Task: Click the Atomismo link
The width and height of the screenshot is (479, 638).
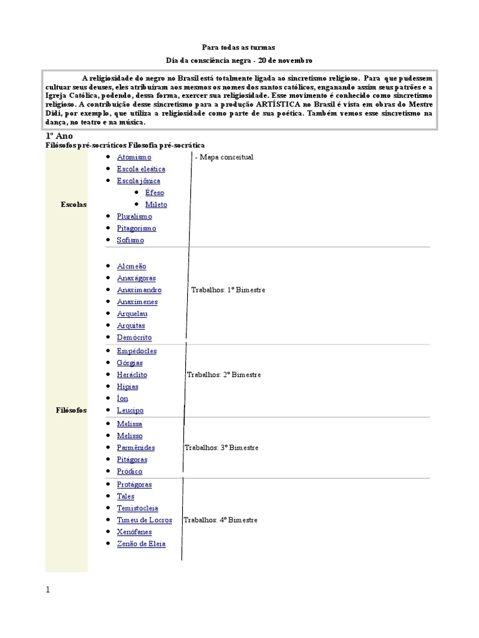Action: point(134,157)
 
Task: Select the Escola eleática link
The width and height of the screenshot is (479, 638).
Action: point(141,169)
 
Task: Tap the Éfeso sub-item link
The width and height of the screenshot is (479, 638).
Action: point(155,193)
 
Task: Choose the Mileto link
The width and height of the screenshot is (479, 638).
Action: point(156,204)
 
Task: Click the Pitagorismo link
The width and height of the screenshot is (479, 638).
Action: point(137,228)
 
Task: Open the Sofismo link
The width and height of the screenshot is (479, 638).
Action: point(130,240)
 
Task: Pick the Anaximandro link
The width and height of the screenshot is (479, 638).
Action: point(139,290)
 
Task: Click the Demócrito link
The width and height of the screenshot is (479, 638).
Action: point(134,337)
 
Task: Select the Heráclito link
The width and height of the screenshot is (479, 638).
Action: point(132,374)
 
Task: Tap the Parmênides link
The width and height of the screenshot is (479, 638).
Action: point(136,447)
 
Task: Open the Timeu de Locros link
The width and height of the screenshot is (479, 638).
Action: point(144,520)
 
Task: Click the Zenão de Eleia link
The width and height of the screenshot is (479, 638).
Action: point(141,543)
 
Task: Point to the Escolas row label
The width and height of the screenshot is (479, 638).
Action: point(74,204)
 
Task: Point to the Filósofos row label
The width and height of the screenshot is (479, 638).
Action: point(72,410)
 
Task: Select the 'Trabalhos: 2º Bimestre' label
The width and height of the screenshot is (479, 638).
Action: point(223,374)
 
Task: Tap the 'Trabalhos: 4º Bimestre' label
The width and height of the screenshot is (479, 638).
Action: point(220,520)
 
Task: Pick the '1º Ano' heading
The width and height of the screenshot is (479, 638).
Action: point(59,136)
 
